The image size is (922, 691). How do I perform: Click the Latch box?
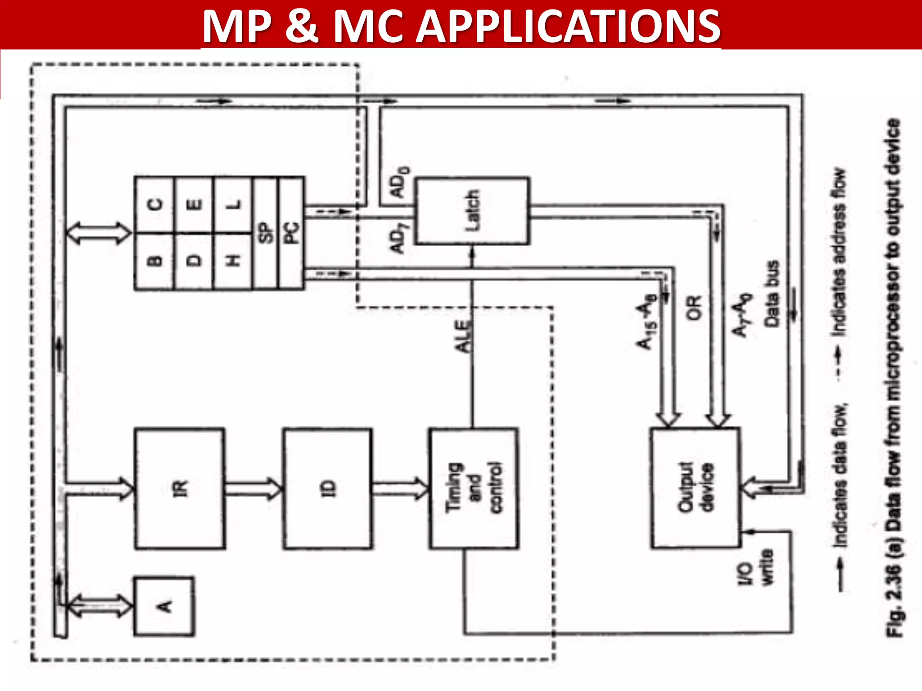472,211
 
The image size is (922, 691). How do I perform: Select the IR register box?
180,489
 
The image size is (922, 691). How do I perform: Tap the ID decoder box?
328,489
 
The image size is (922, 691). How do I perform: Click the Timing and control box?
473,489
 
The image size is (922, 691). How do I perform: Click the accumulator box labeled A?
164,606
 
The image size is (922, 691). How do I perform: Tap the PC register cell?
291,233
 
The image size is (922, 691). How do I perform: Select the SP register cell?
266,233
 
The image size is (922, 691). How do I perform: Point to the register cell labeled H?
232,261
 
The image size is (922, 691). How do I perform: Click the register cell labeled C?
154,205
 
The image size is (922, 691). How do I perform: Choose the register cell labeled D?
194,261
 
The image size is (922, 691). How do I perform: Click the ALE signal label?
464,336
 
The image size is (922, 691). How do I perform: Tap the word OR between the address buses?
694,308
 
